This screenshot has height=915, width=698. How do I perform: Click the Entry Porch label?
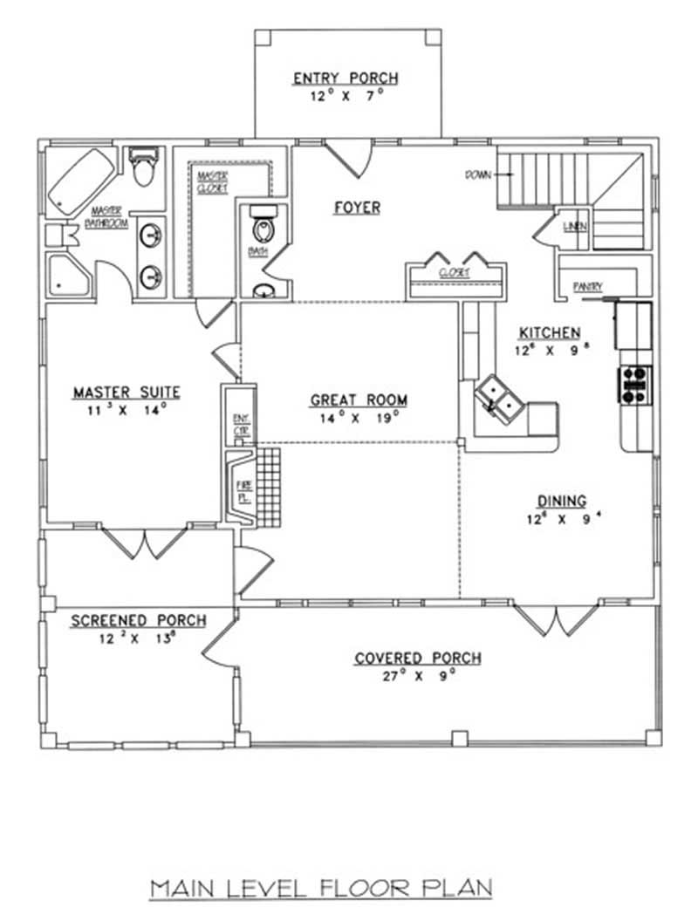pos(346,79)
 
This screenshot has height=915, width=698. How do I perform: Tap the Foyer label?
pos(357,208)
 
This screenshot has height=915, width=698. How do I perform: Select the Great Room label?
pos(359,400)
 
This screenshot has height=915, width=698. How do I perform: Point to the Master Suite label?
pos(127,393)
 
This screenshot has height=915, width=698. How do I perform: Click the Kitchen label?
pos(550,332)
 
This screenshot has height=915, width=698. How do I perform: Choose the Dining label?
pos(561,501)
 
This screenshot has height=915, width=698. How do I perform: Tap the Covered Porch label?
pos(417,658)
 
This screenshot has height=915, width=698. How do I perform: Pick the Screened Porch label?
pos(138,620)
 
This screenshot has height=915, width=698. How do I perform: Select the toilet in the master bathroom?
pos(143,166)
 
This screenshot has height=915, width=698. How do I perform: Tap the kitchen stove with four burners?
pos(634,385)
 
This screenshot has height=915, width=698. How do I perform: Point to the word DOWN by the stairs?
pos(478,174)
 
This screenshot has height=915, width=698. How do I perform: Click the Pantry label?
pos(585,286)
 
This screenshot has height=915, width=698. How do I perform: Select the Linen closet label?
pos(575,227)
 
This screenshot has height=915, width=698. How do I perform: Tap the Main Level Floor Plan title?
pos(321,888)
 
